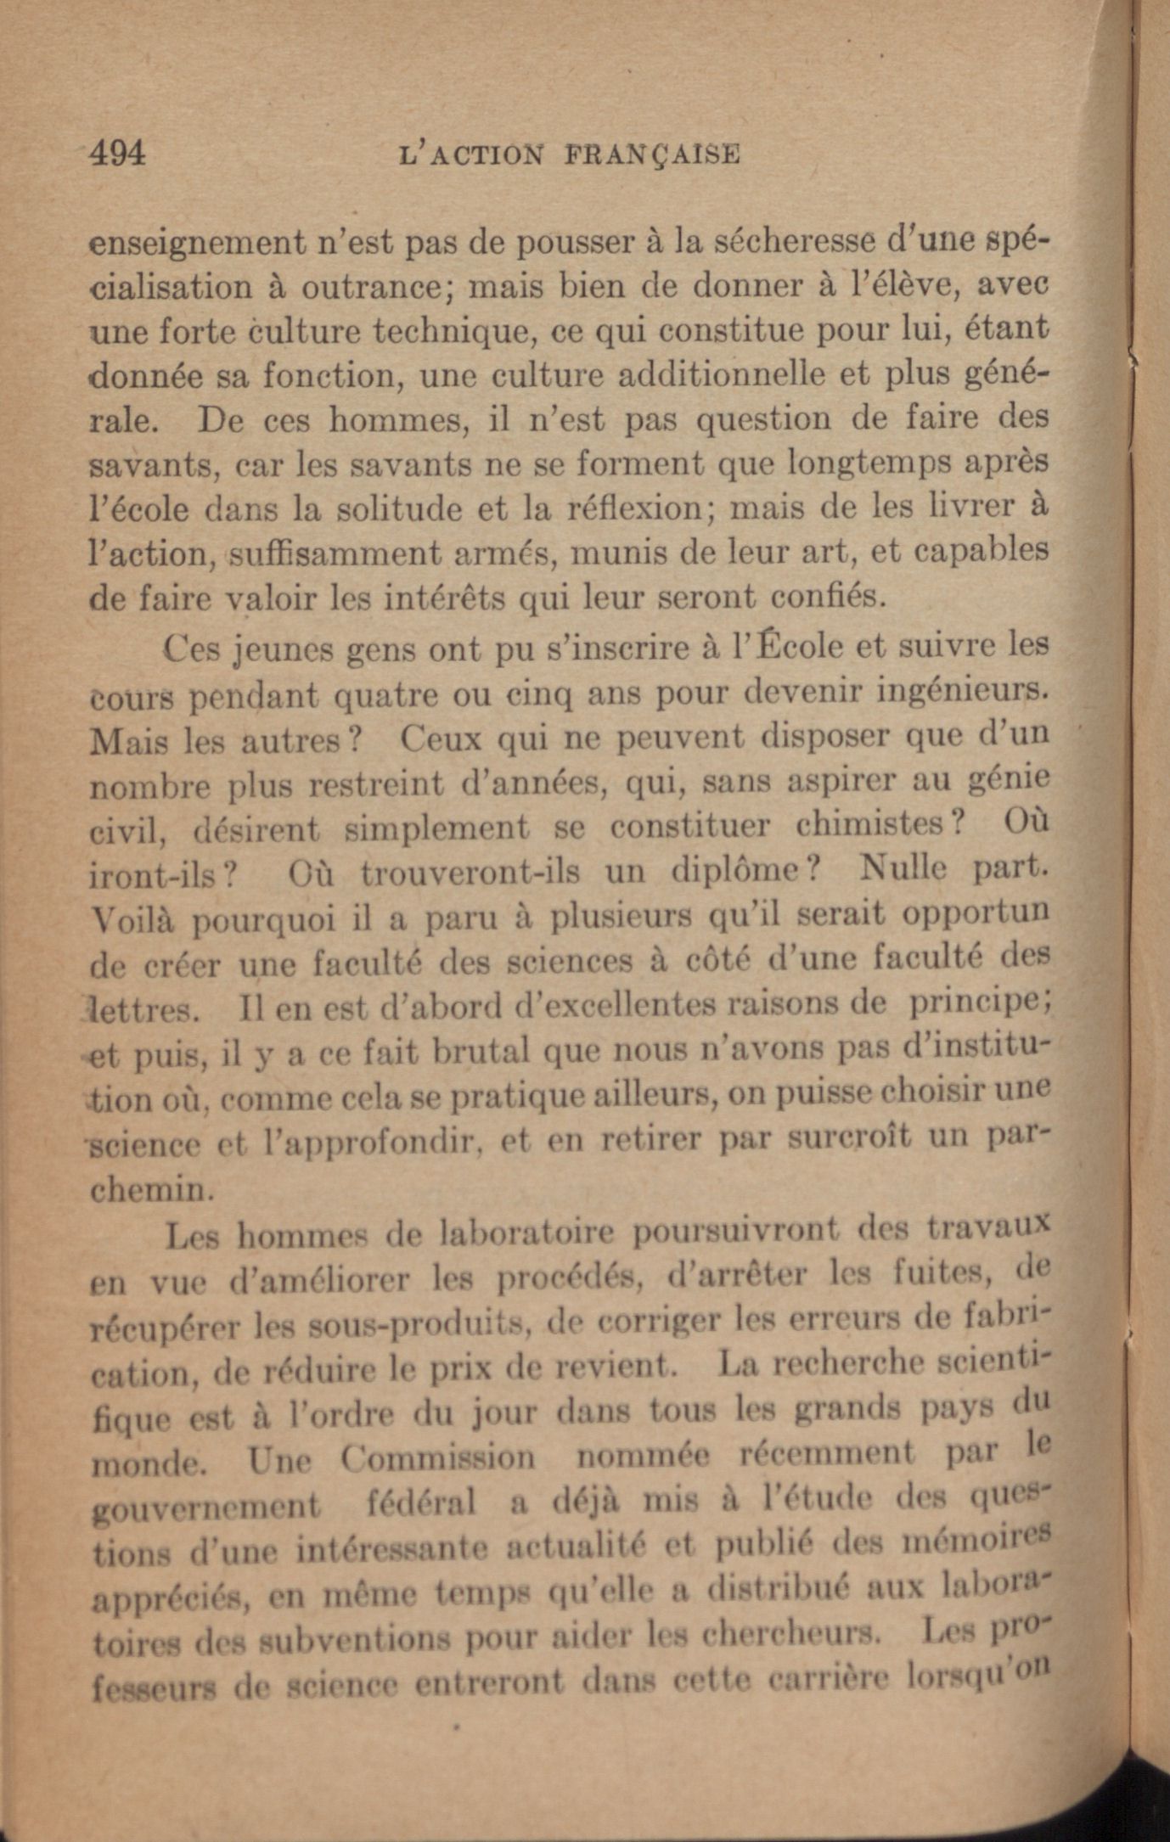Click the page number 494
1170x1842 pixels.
point(118,154)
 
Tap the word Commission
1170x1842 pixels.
point(438,1457)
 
